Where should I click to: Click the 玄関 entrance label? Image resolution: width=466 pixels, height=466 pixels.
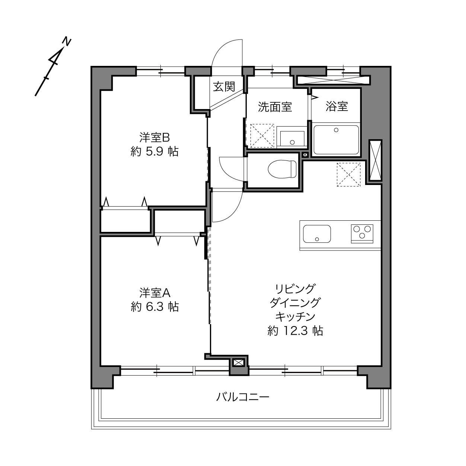coord(224,86)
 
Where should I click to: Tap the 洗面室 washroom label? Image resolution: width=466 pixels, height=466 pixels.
coord(275,107)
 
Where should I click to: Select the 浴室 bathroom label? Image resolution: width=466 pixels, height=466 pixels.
coord(336,106)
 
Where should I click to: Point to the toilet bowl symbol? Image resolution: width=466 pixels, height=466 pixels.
coord(282,169)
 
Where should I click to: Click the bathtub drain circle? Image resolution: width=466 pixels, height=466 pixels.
coord(336,130)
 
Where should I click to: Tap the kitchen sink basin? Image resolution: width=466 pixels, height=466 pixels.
coord(317,234)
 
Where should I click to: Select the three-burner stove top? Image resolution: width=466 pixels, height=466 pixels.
coord(362,234)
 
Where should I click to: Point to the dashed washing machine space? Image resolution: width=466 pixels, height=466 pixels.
coord(262,135)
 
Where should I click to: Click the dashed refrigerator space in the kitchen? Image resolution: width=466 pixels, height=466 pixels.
coord(348,175)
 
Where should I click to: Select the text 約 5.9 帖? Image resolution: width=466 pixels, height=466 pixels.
coord(154,151)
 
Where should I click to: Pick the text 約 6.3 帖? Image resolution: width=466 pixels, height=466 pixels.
coord(154,307)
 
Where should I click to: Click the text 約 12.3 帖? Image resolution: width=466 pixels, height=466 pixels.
coord(295,331)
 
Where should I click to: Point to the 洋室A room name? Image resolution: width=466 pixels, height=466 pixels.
coord(155,293)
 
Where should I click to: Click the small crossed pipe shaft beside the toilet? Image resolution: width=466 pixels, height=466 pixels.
coord(306,155)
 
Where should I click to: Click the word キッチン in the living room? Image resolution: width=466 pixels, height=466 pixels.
coord(295,316)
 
